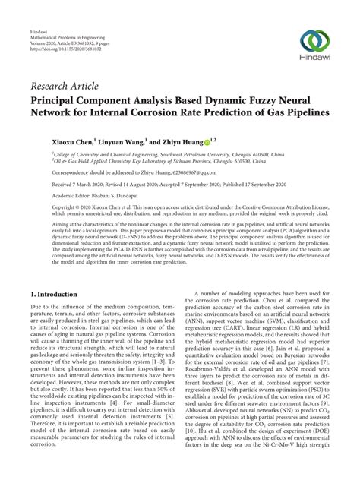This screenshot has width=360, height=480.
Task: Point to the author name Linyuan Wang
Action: (x=122, y=141)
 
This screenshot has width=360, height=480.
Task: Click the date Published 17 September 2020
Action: (x=254, y=184)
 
